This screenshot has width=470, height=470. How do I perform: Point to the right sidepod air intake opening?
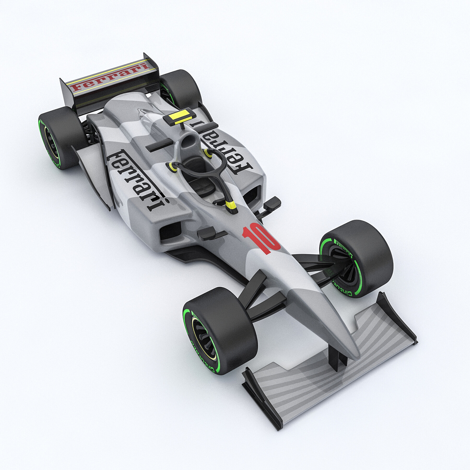click(x=252, y=195)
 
